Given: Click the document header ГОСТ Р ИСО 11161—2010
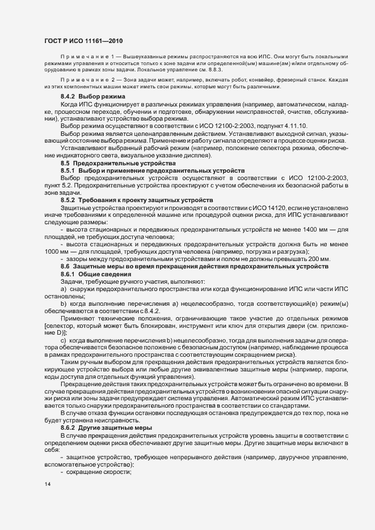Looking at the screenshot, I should click(83, 41).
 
